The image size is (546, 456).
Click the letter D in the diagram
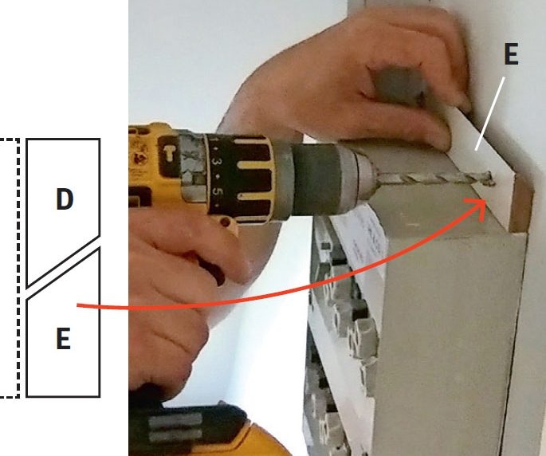coord(65,199)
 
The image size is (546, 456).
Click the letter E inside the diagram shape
coord(64,338)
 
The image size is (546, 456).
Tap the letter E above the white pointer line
coord(512,54)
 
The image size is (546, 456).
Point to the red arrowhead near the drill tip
coord(480,208)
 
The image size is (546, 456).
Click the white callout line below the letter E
coord(490,114)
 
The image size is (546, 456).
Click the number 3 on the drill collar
coord(218,163)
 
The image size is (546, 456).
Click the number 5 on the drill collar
coord(218,193)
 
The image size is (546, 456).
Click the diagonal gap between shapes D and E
coord(64,267)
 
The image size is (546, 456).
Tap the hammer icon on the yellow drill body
coord(170,152)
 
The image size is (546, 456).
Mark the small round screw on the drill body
coord(227,221)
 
